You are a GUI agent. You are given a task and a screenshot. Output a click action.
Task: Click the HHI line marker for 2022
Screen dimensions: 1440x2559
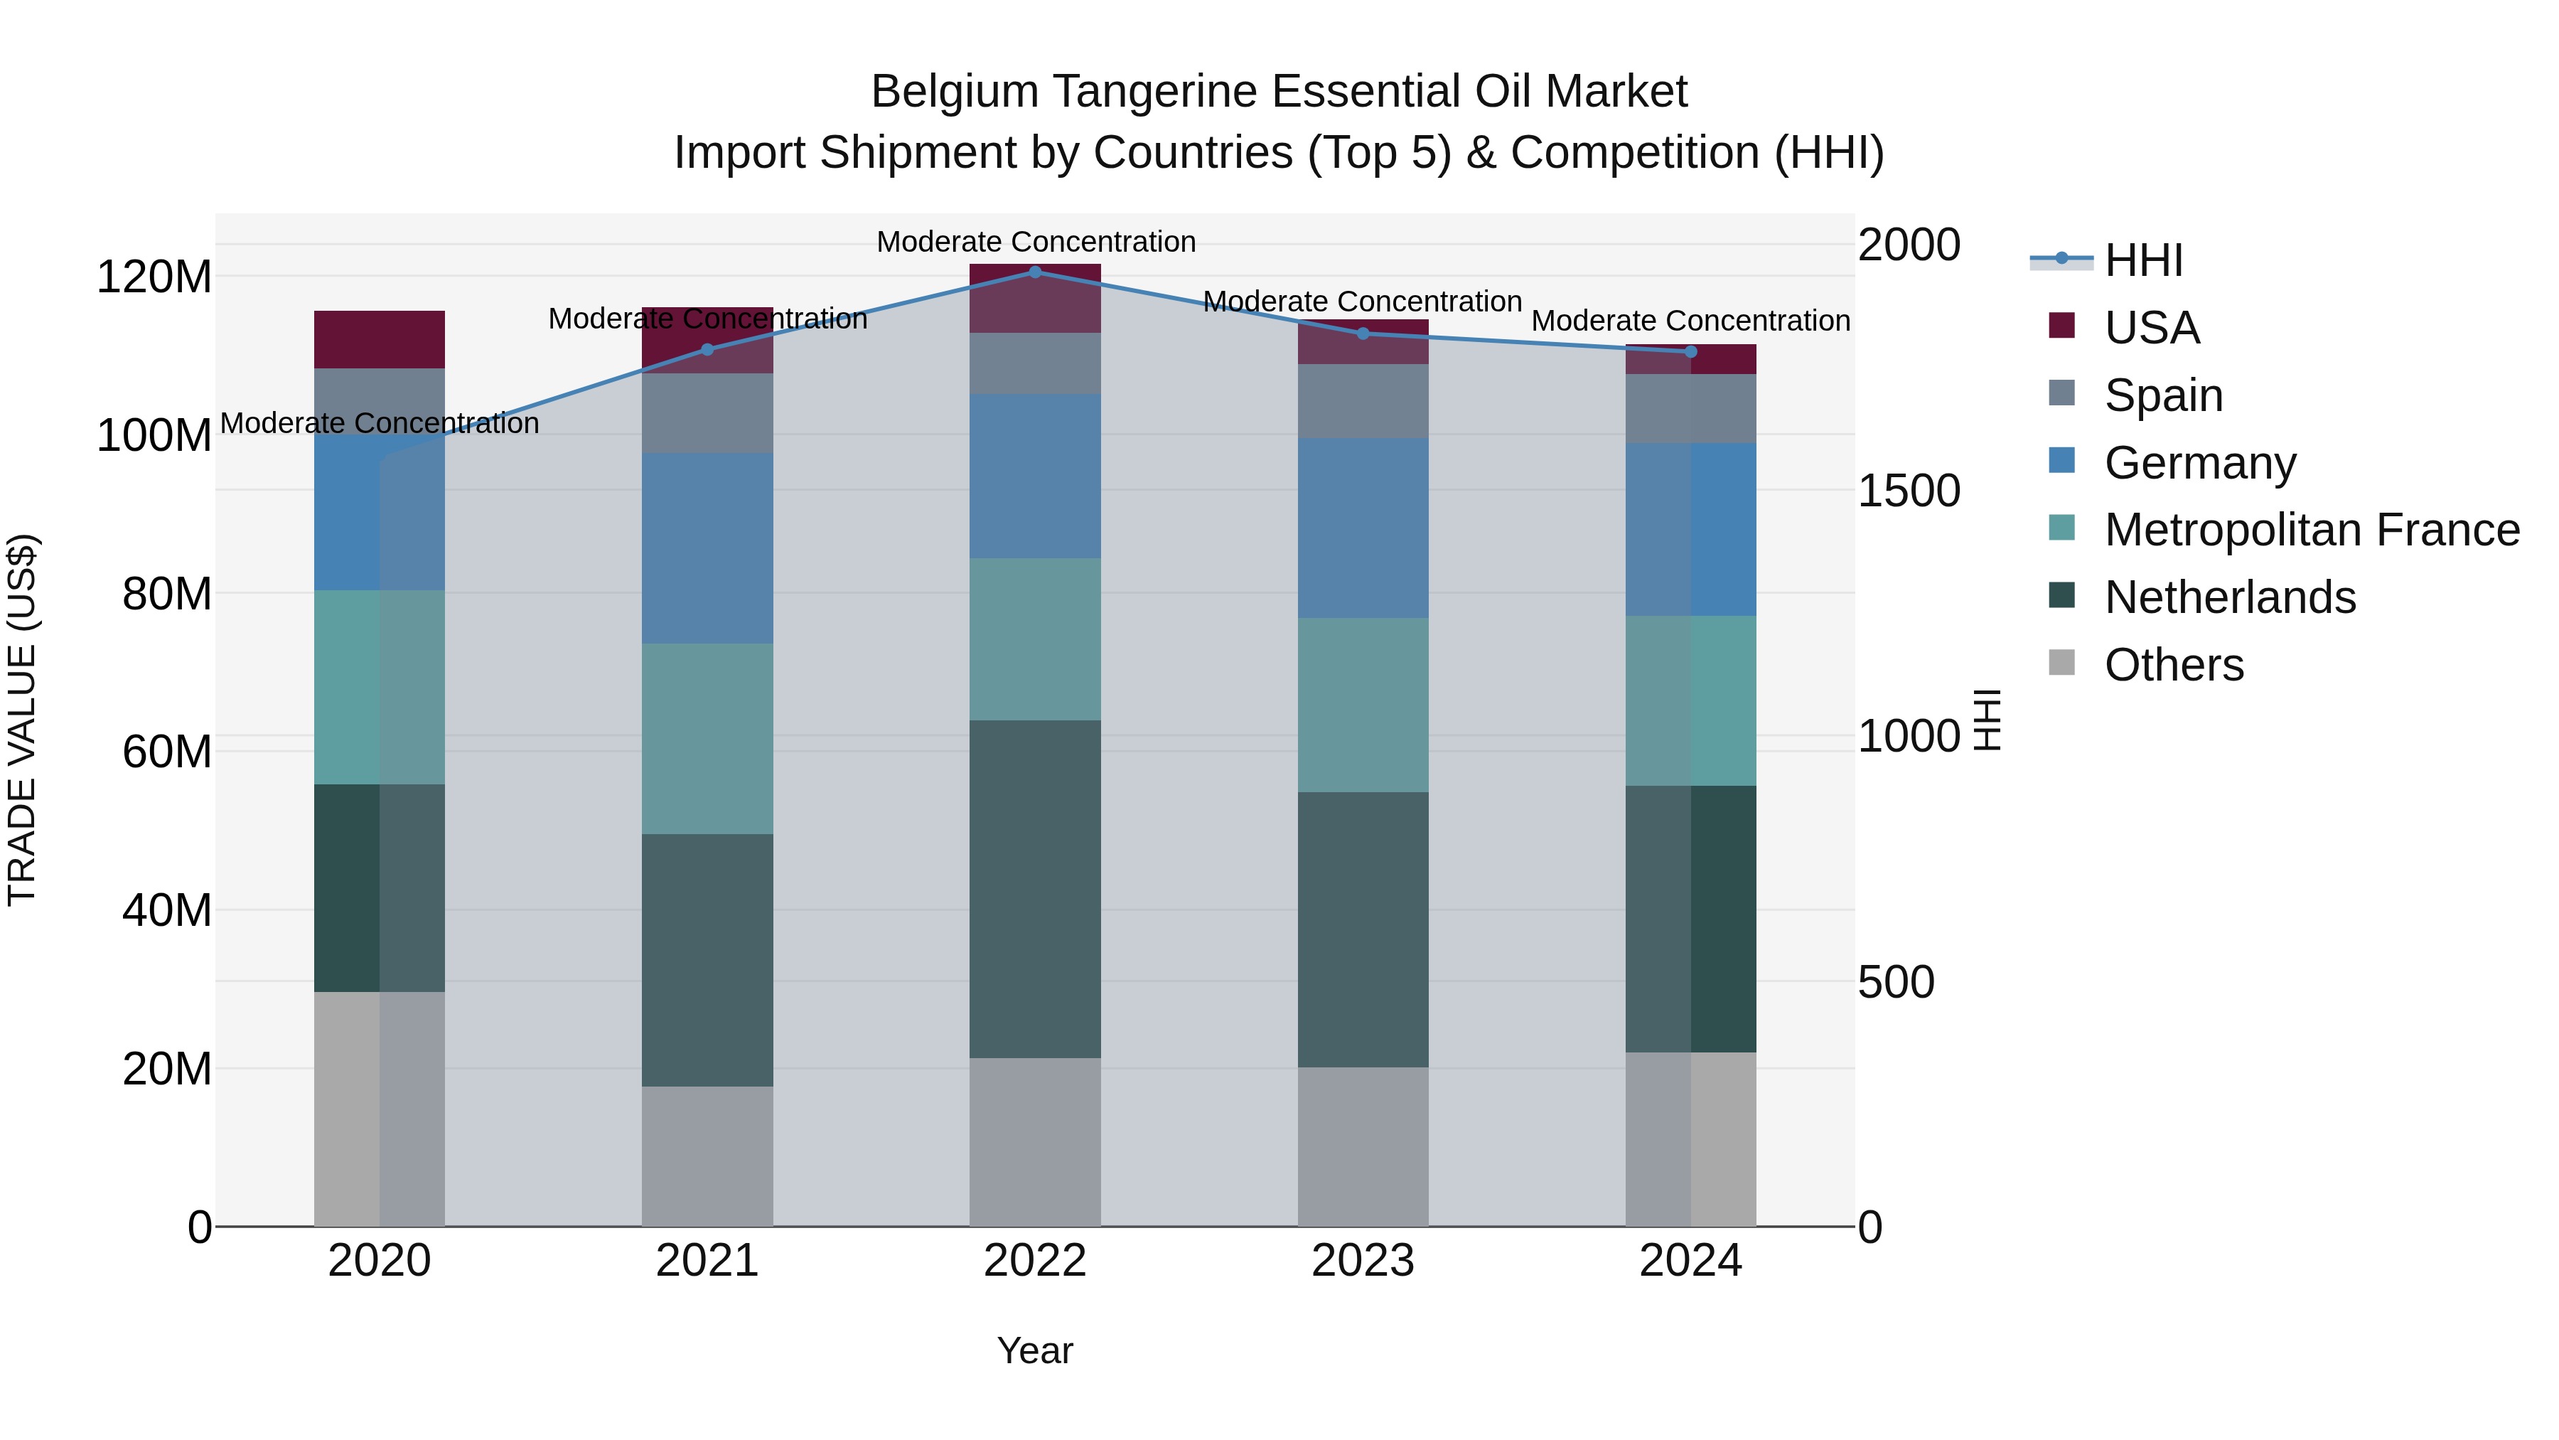(1035, 272)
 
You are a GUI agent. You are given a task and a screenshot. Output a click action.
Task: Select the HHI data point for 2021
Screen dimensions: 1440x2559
(707, 350)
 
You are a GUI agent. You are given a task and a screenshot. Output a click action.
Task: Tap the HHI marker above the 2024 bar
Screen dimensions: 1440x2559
(1691, 352)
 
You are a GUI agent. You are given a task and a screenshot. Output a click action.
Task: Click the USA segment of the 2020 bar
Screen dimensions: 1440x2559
(380, 340)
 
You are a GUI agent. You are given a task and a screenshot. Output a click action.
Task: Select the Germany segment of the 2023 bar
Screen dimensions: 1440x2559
(1363, 528)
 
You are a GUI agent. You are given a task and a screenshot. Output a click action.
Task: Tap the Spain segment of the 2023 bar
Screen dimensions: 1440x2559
(1363, 402)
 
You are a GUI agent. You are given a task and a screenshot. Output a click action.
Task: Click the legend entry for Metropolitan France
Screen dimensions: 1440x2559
(2311, 530)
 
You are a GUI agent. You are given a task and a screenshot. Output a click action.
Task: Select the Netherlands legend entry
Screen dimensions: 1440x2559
(2229, 598)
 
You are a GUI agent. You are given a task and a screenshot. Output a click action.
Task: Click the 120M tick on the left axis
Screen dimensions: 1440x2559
(154, 277)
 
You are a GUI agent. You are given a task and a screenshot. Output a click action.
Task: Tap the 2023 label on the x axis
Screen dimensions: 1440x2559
(1363, 1261)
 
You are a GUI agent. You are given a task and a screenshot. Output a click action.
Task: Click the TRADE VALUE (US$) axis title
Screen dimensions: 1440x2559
(22, 720)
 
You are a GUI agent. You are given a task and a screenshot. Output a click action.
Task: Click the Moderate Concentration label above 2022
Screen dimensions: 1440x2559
(1035, 242)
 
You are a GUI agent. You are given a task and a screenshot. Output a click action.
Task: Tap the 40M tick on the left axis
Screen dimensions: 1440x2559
(167, 910)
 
